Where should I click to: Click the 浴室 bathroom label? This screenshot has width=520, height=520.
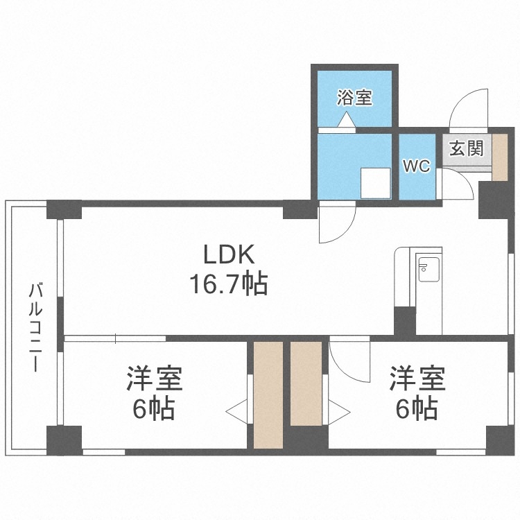(355, 98)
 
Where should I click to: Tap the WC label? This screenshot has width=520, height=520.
(417, 166)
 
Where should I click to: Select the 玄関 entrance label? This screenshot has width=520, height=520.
(465, 149)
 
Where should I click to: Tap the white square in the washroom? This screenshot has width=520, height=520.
(374, 183)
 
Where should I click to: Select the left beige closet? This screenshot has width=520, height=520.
(268, 394)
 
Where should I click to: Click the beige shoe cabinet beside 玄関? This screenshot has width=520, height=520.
(499, 159)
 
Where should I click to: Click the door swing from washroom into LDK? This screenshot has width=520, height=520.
(336, 223)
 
